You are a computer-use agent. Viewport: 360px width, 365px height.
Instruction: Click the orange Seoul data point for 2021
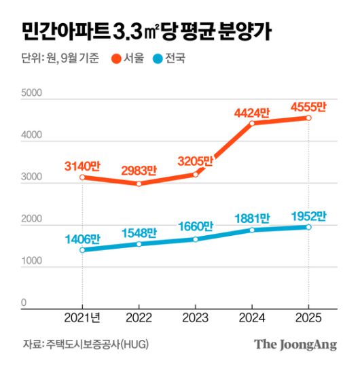[82, 177]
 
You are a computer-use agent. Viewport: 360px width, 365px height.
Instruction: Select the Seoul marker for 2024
[251, 123]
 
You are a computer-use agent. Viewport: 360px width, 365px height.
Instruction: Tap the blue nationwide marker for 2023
[195, 239]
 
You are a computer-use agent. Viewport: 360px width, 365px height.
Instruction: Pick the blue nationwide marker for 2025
[308, 227]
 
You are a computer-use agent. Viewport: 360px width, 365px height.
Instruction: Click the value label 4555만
[308, 107]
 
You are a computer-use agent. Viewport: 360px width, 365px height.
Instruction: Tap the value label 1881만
[251, 218]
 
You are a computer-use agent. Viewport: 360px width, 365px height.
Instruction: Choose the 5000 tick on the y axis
[31, 92]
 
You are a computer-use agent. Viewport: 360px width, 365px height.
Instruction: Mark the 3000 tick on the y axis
[31, 177]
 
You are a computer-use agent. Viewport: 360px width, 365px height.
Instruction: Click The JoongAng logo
[295, 345]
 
